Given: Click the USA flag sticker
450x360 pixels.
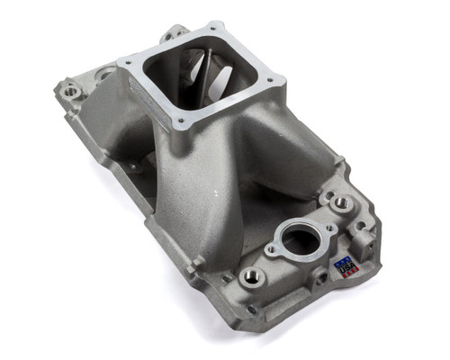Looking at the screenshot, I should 346,266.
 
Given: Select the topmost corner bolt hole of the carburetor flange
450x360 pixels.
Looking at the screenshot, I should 220,30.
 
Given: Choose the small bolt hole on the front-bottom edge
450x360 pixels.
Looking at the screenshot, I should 254,310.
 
